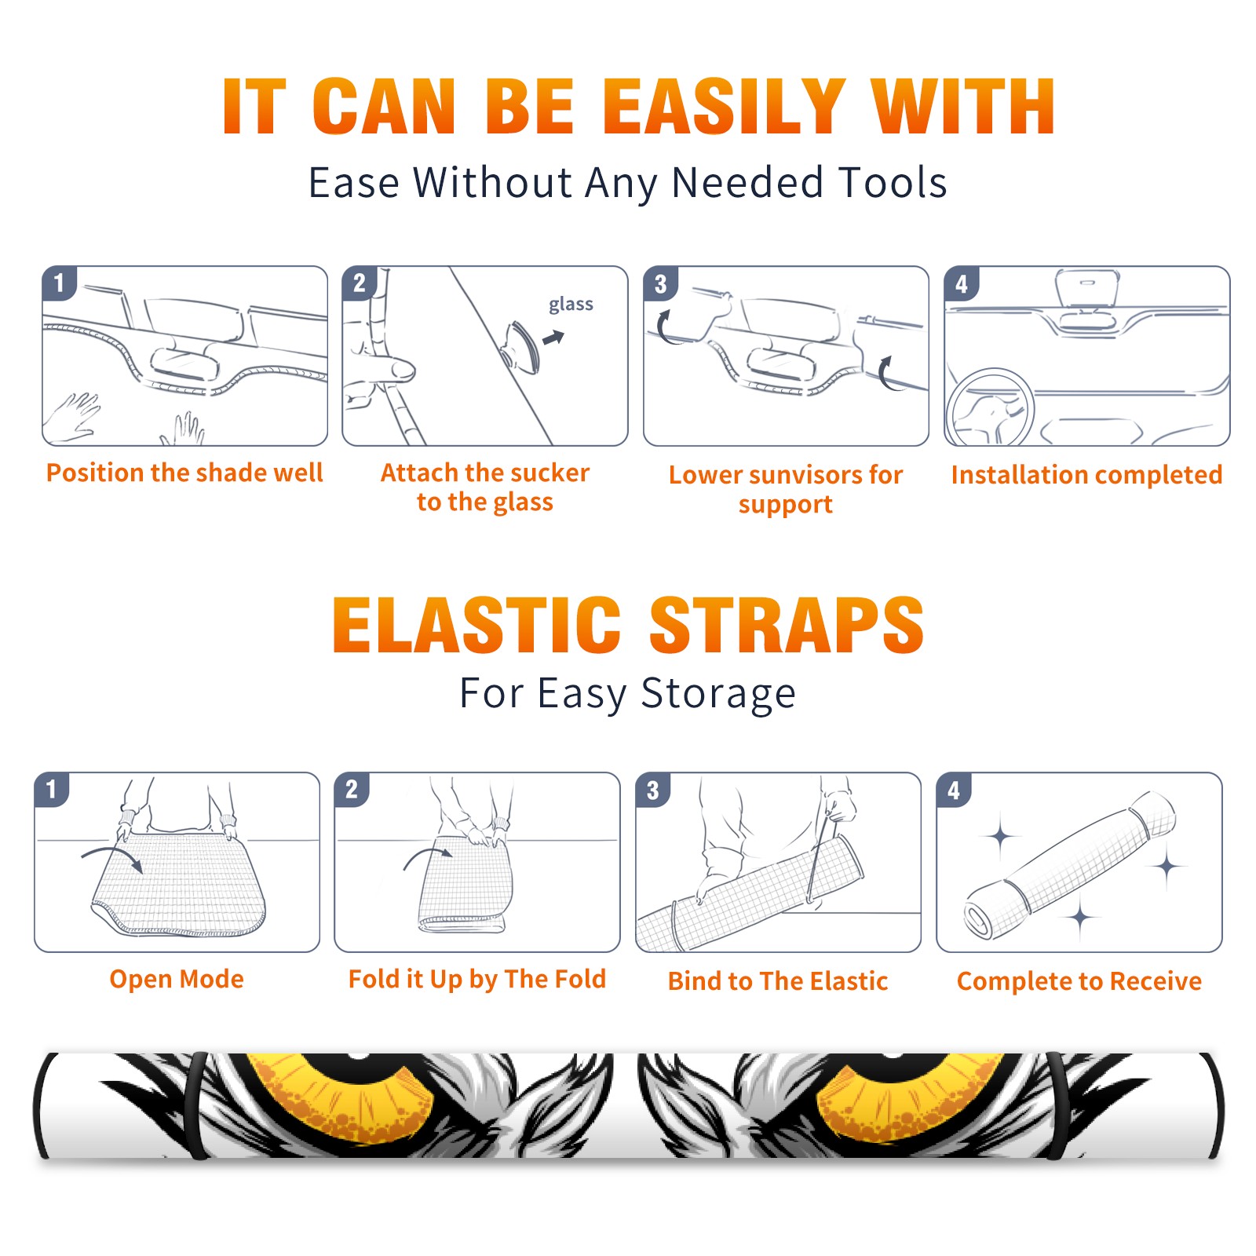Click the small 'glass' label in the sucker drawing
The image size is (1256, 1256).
click(x=571, y=305)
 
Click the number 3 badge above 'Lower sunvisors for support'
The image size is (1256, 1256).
click(x=660, y=283)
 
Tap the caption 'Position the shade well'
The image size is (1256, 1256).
click(x=184, y=473)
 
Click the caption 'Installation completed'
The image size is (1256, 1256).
click(x=1086, y=475)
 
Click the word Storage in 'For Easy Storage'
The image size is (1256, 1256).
click(x=718, y=694)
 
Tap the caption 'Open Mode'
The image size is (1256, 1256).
click(x=177, y=979)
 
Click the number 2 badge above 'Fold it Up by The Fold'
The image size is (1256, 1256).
click(x=352, y=789)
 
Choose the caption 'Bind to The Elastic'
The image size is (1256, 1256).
click(x=778, y=981)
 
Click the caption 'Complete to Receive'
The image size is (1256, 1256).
click(x=1079, y=981)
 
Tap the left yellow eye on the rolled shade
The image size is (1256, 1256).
click(x=342, y=1094)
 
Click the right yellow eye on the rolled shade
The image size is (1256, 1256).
click(x=911, y=1094)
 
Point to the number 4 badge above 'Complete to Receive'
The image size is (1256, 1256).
click(x=954, y=789)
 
